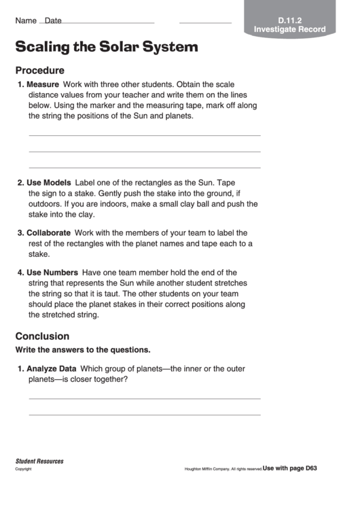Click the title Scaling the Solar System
pyautogui.click(x=107, y=47)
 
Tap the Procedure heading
pyautogui.click(x=39, y=70)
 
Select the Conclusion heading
pyautogui.click(x=42, y=336)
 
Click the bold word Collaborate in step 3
pyautogui.click(x=48, y=232)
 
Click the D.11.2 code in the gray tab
pyautogui.click(x=289, y=20)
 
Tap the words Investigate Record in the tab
pyautogui.click(x=289, y=30)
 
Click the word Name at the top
pyautogui.click(x=26, y=20)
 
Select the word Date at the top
pyautogui.click(x=53, y=20)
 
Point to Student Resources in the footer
pyautogui.click(x=39, y=461)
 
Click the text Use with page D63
pyautogui.click(x=290, y=468)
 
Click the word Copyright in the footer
pyautogui.click(x=24, y=469)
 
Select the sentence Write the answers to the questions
pyautogui.click(x=82, y=349)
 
